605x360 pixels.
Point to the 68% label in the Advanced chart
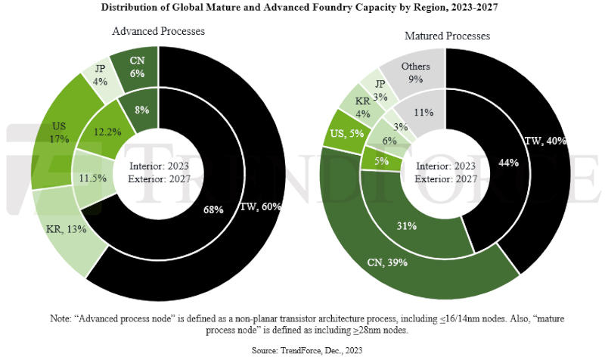point(213,209)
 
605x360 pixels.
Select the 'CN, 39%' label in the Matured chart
point(387,262)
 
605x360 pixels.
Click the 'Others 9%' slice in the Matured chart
point(415,71)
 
